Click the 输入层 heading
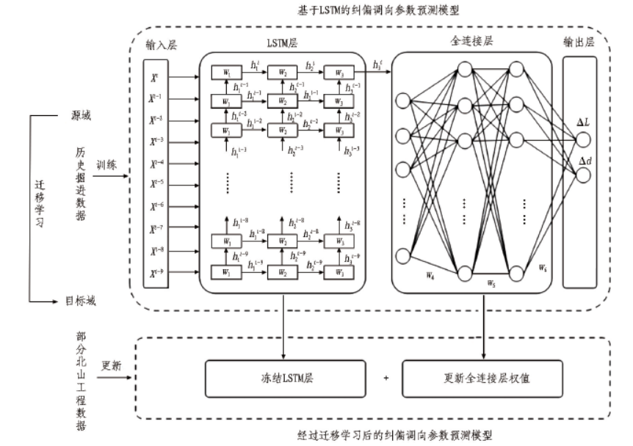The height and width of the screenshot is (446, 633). click(159, 45)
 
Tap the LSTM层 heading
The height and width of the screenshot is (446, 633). click(282, 45)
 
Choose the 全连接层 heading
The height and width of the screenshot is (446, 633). click(473, 42)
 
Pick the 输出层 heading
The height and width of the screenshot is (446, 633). click(579, 42)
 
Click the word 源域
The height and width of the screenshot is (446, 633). click(82, 116)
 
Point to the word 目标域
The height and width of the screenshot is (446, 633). click(81, 301)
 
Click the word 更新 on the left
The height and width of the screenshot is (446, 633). click(111, 367)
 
